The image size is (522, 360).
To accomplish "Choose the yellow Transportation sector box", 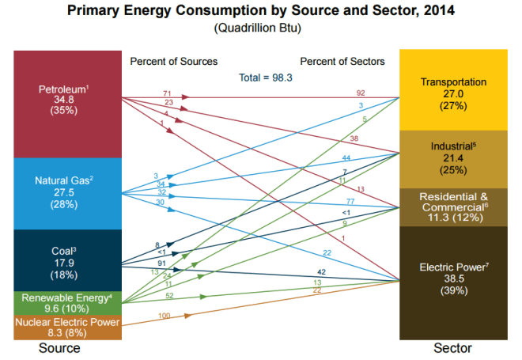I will (453, 92).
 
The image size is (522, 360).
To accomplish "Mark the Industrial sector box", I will (453, 159).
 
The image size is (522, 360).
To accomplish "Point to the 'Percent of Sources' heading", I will (173, 61).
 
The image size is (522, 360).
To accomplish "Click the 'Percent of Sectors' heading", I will (342, 61).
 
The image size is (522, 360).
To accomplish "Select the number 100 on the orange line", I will (165, 316).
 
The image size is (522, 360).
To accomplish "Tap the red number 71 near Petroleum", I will (167, 94).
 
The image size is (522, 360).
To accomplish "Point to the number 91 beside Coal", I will (162, 262).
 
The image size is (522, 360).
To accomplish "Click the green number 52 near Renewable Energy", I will (170, 295).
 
